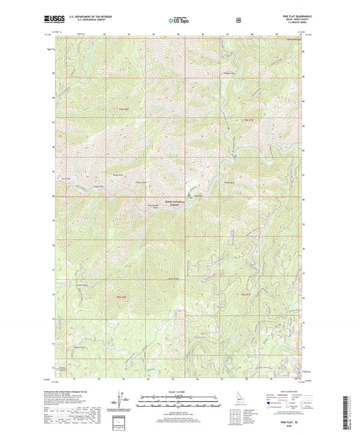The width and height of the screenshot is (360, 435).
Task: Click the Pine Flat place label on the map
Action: click(198, 196)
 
